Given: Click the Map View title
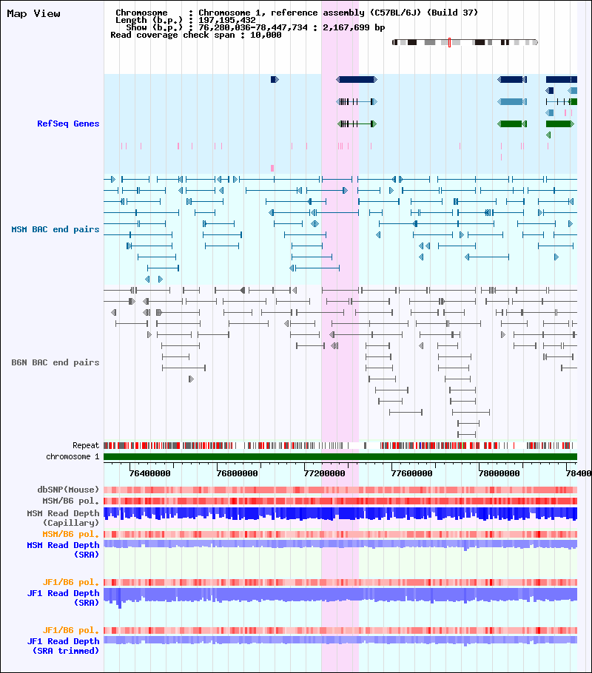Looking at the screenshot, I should (x=33, y=13).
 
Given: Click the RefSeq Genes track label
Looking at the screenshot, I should (x=68, y=124).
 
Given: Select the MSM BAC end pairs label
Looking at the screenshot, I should (x=55, y=229).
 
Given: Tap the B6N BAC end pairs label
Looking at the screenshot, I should (x=55, y=362).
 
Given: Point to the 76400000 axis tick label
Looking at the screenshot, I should (x=149, y=473).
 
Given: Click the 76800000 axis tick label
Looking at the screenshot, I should (x=238, y=473).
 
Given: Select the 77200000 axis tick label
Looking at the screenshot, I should (x=325, y=473).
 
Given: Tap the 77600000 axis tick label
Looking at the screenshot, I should (x=412, y=473).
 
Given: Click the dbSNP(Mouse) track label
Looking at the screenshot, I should (x=68, y=490).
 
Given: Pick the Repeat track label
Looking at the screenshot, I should (x=86, y=446).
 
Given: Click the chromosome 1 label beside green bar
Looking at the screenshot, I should (x=73, y=457).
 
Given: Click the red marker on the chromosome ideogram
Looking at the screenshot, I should (x=449, y=42).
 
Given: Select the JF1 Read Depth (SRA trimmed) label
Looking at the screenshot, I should (x=63, y=646).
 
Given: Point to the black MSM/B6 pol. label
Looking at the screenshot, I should (x=73, y=501).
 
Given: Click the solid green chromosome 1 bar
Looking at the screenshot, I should (x=340, y=457).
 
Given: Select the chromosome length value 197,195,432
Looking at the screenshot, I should (x=226, y=20).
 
